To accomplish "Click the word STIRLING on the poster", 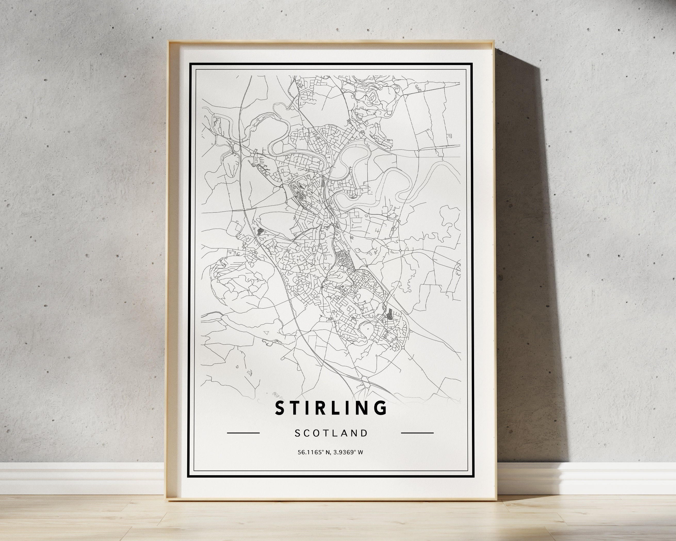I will pyautogui.click(x=331, y=408).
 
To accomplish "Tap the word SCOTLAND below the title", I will pyautogui.click(x=331, y=433).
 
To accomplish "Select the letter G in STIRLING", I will pyautogui.click(x=381, y=408).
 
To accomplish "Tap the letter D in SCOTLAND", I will pyautogui.click(x=364, y=433).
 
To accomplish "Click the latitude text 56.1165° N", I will pyautogui.click(x=314, y=452).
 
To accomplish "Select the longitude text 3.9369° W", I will pyautogui.click(x=349, y=452).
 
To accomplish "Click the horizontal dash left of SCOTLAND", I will pyautogui.click(x=243, y=433).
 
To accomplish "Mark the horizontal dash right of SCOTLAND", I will pyautogui.click(x=417, y=433).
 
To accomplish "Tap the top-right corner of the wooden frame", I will pyautogui.click(x=494, y=50).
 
